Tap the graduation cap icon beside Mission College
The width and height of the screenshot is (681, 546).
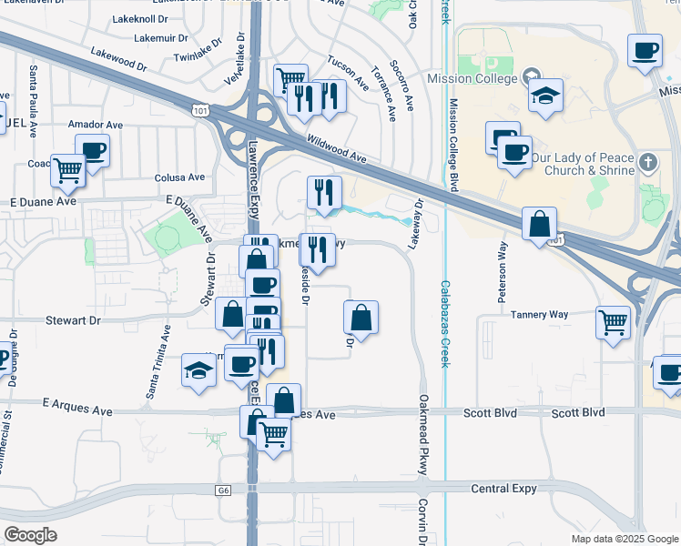click(x=545, y=96)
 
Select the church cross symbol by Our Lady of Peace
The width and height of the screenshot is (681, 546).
click(x=647, y=163)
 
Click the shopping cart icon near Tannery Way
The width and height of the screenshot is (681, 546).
click(x=613, y=321)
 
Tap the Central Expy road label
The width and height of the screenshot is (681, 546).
click(x=502, y=489)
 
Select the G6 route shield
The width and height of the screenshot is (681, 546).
click(x=223, y=490)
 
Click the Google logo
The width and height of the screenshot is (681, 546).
click(x=31, y=535)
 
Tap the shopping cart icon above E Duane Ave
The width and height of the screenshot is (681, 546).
click(x=68, y=169)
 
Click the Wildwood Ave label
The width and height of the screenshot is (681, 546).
click(x=337, y=150)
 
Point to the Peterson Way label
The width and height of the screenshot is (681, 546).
click(x=502, y=271)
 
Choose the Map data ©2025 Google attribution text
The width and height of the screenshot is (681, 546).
click(x=624, y=539)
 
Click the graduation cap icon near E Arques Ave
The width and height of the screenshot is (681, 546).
click(x=198, y=369)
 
